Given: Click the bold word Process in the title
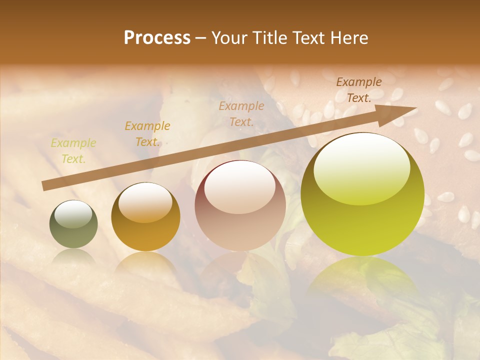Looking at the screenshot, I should point(157,38).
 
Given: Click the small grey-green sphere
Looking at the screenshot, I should point(73,224).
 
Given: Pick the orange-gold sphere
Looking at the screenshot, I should point(145,217).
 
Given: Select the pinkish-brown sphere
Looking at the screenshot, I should point(240,205).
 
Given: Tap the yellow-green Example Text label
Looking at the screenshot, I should point(73,151).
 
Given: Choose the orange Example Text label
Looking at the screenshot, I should point(147,134).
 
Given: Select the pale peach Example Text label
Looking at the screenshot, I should point(241,113).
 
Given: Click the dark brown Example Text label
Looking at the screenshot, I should point(359,90).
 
